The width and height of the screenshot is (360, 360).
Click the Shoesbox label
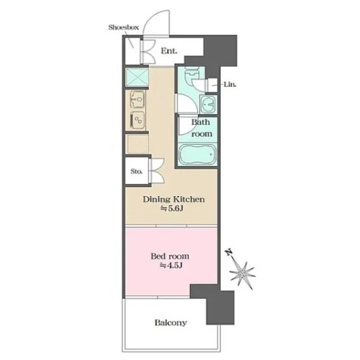(x=124, y=28)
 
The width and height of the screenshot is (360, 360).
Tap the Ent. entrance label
(x=169, y=50)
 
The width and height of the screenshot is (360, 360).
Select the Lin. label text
(x=230, y=84)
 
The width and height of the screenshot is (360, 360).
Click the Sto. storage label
(x=136, y=171)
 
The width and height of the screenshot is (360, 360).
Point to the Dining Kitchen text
(x=174, y=199)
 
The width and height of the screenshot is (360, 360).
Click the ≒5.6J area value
(x=172, y=209)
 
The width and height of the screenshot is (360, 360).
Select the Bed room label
(x=170, y=256)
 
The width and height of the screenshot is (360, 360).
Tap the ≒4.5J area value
(x=171, y=266)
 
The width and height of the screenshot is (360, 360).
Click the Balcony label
(x=170, y=322)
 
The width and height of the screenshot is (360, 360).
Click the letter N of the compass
(x=229, y=252)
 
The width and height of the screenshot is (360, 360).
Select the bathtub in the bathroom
(x=197, y=154)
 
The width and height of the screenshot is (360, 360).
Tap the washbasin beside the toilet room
(x=208, y=104)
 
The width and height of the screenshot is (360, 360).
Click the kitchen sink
(x=138, y=99)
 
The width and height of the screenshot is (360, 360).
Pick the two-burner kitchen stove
(x=138, y=120)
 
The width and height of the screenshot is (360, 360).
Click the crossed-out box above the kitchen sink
(x=137, y=77)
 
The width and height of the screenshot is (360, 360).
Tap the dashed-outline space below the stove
(x=138, y=144)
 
